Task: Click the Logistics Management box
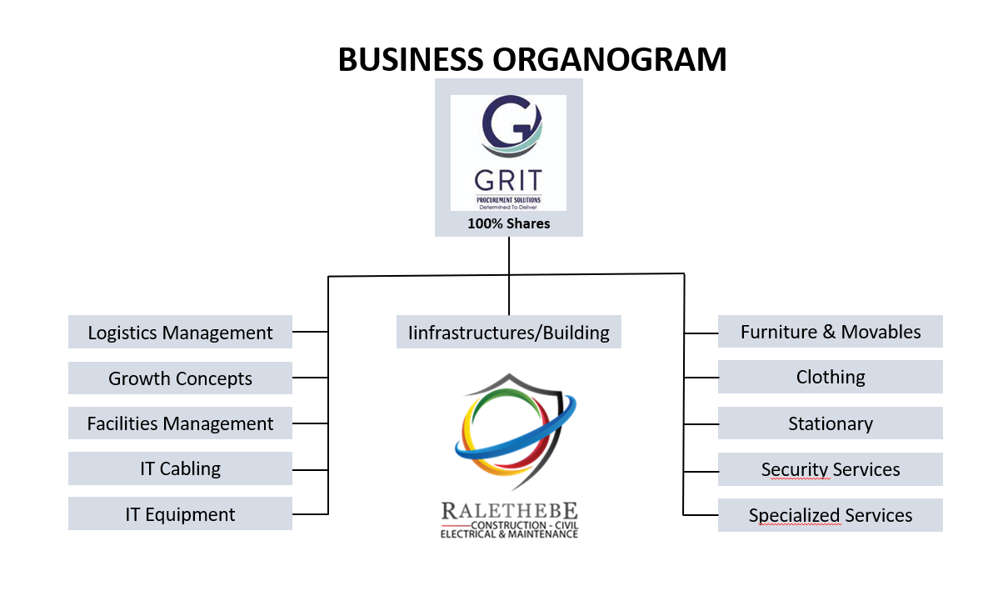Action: click(x=180, y=332)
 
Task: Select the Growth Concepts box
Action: click(x=180, y=378)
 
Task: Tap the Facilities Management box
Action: click(x=180, y=423)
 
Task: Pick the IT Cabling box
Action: click(x=180, y=468)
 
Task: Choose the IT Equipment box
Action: click(x=180, y=514)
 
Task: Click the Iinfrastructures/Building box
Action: click(x=508, y=332)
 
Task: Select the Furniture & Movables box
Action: click(x=830, y=331)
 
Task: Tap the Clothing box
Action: click(x=830, y=377)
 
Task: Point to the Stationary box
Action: click(x=830, y=423)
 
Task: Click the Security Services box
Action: click(x=830, y=469)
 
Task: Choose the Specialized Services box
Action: click(x=830, y=515)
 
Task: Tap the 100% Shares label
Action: click(x=508, y=223)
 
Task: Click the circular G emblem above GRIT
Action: click(x=509, y=128)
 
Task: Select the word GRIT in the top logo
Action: click(x=508, y=179)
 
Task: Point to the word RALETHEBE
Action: click(x=509, y=510)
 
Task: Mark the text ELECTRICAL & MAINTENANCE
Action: click(x=509, y=534)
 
